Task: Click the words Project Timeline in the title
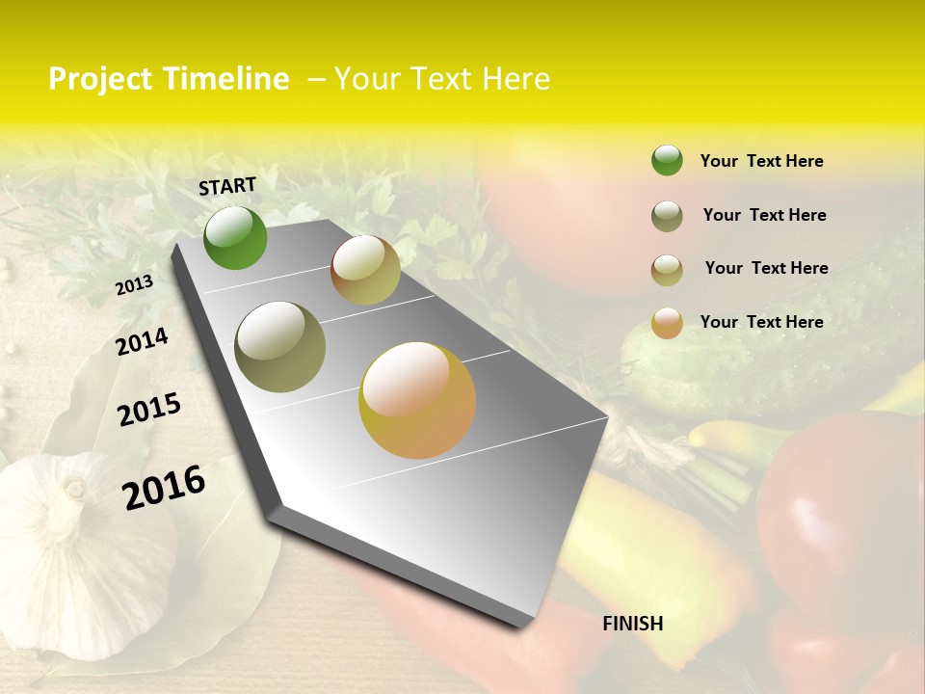coord(169,79)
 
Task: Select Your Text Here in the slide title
coord(441,79)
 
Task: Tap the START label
coord(227,186)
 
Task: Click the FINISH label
coord(632,624)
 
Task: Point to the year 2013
coord(134,285)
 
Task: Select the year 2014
coord(142,341)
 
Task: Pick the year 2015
coord(149,410)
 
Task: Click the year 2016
coord(164,487)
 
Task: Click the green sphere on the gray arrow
coord(235,238)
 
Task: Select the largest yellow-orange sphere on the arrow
coord(417,400)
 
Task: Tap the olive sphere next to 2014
coord(280,347)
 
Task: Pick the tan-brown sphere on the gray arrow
coord(365,270)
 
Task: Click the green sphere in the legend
coord(667,160)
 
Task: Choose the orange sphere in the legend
coord(667,322)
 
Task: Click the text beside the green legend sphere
coord(761,161)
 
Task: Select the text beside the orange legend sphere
coord(761,322)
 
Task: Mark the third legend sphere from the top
coord(667,269)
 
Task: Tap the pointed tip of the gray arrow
coord(525,622)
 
